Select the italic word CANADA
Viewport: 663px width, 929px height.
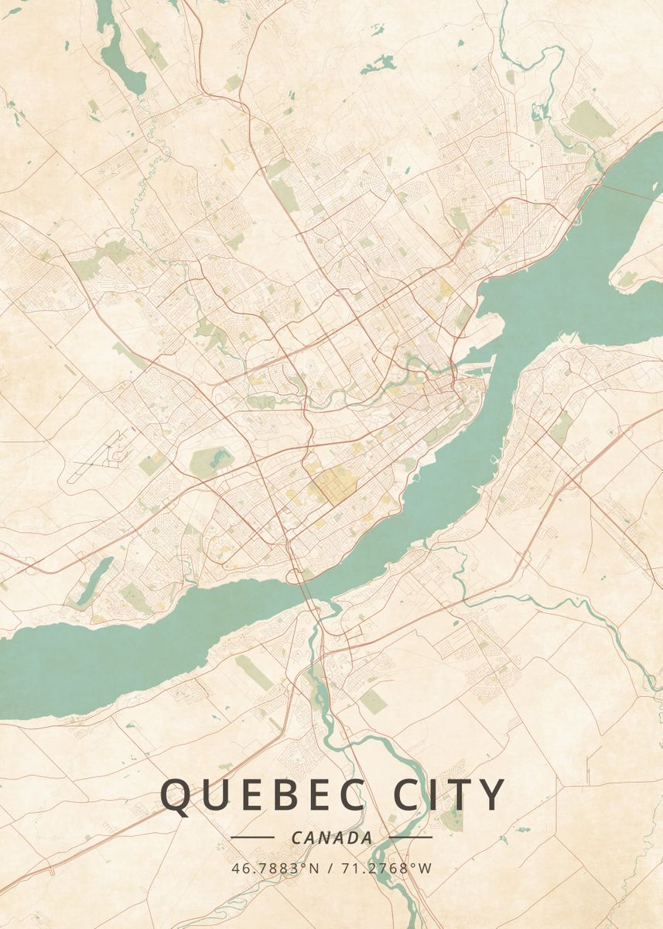point(332,838)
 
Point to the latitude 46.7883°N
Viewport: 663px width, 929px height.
point(275,868)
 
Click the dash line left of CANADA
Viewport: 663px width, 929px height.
point(252,837)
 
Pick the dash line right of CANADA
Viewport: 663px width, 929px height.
point(411,837)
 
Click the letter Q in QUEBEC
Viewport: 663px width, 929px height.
point(176,796)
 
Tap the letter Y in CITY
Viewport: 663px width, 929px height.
point(490,795)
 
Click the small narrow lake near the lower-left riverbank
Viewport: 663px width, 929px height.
point(93,579)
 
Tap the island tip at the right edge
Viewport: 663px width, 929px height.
point(634,271)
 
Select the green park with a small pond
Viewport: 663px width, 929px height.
point(211,461)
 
